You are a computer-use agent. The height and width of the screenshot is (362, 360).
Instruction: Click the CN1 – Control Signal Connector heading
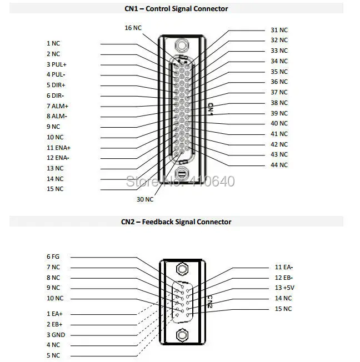point(176,8)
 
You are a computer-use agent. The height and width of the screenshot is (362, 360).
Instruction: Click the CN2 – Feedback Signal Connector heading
point(176,222)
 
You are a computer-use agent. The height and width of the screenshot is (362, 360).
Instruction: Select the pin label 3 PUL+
point(56,64)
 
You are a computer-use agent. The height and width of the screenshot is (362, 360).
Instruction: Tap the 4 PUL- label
point(56,74)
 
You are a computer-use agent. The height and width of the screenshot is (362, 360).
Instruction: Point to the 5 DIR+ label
point(56,85)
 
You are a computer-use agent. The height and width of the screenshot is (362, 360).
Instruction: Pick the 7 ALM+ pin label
point(56,105)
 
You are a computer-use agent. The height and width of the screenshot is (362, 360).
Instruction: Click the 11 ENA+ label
point(58,147)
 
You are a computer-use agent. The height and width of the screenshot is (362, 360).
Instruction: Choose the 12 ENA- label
point(58,158)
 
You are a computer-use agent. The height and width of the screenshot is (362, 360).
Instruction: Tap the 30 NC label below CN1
point(145,199)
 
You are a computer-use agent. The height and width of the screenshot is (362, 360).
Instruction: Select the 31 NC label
point(279,30)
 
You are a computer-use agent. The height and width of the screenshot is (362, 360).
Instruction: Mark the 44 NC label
point(279,165)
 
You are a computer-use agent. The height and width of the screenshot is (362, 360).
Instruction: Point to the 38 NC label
point(279,103)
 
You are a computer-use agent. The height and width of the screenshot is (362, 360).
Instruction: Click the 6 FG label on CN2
point(53,257)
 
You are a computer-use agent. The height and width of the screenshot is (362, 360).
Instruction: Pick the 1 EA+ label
point(54,314)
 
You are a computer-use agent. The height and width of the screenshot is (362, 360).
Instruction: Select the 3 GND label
point(55,335)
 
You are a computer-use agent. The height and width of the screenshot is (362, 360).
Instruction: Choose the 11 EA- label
point(284,267)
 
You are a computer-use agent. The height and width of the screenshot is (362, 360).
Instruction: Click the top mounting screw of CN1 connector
point(180,46)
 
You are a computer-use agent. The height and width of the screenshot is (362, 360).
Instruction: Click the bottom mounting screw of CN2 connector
point(181,335)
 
